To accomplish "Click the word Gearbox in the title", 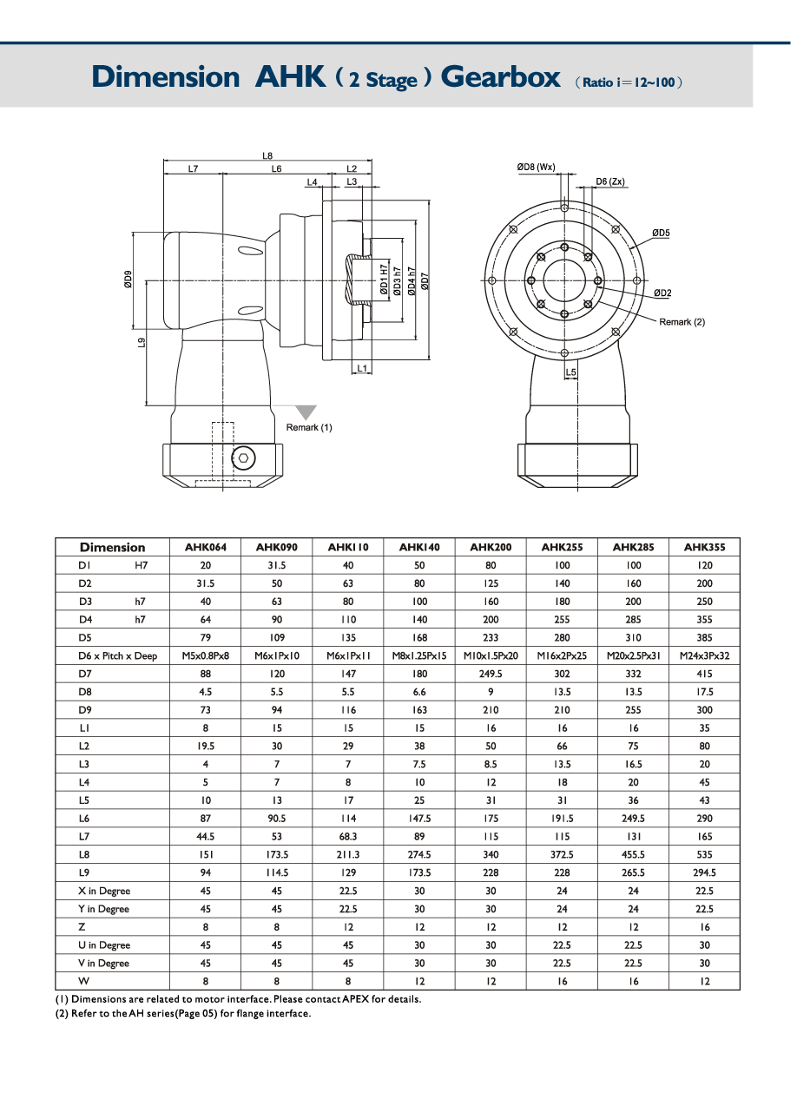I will pos(500,77).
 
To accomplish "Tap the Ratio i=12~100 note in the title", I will pos(629,82).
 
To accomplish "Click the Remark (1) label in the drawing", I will pos(309,427).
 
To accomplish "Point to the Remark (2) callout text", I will pos(682,322).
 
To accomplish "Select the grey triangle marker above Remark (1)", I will pos(306,412).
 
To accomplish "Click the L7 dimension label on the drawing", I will pos(193,169).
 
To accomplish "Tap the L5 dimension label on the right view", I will pos(570,372).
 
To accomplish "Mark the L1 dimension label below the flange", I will pos(364,368).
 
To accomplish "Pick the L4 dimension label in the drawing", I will pos(313,182).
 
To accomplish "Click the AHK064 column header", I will pos(205,548).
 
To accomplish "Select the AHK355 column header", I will pos(704,548).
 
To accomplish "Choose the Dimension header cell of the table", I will pos(112,548).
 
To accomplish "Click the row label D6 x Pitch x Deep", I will pos(117,656).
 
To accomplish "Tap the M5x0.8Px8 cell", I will pos(205,656).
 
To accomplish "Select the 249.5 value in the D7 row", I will pos(490,675).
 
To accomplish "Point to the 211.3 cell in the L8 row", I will pos(347,855).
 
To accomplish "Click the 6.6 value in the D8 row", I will pos(418,693).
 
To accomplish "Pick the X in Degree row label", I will pos(103,892).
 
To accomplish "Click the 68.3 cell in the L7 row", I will pos(347,837).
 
